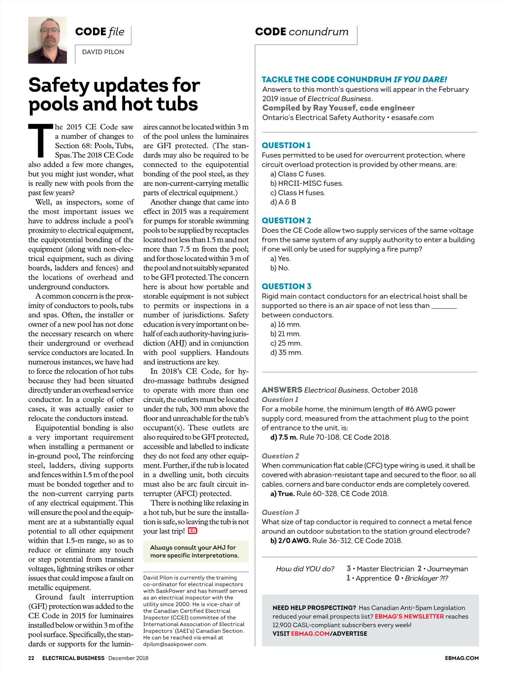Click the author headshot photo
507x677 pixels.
(47, 40)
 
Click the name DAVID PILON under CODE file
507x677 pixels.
(103, 52)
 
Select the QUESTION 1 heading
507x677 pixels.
(286, 146)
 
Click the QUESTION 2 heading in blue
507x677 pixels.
(286, 220)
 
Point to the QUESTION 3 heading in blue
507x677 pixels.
(286, 286)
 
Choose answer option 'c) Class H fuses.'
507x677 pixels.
(298, 193)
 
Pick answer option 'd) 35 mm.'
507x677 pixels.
(286, 353)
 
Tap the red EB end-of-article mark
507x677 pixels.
(193, 531)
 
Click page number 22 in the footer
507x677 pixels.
(31, 658)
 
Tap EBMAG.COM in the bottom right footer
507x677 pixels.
(462, 658)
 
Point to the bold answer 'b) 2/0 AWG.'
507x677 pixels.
(290, 541)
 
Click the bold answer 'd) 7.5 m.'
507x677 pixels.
(284, 438)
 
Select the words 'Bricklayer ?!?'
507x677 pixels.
(426, 578)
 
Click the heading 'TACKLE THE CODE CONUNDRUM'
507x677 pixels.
(327, 80)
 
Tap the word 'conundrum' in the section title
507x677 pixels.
(319, 32)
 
